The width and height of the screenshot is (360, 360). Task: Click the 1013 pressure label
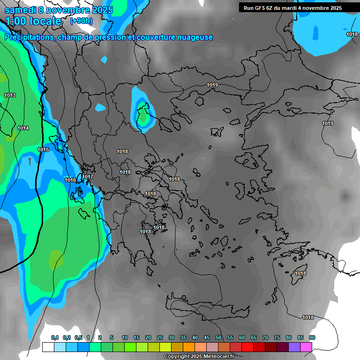(10, 96)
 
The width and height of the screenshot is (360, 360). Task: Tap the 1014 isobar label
(23, 128)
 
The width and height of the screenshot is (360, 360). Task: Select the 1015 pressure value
(43, 150)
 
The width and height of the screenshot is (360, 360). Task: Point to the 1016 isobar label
(70, 180)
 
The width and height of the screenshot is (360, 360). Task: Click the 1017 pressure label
(88, 177)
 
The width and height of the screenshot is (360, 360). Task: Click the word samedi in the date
(20, 10)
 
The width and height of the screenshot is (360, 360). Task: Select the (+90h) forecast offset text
(81, 21)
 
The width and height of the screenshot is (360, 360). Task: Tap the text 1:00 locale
(33, 22)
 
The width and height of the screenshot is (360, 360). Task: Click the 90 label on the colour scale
(312, 337)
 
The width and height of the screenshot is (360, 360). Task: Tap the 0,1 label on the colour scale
(55, 337)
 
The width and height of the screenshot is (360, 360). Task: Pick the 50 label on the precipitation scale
(218, 337)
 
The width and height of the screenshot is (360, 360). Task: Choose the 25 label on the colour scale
(160, 337)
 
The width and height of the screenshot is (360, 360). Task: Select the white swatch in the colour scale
(48, 347)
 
